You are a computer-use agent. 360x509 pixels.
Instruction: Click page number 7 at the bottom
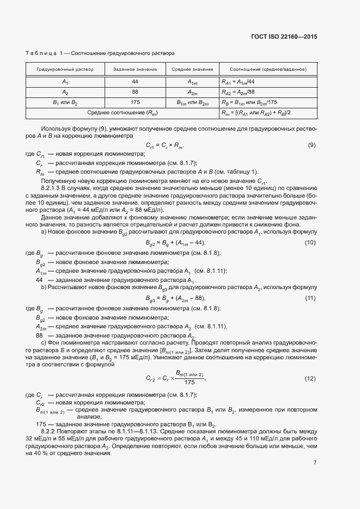coord(315,462)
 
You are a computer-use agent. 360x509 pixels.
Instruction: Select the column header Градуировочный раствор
coord(65,70)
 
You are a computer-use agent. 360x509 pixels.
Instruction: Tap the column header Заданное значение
coord(135,70)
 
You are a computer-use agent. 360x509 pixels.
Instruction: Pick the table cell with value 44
coord(135,81)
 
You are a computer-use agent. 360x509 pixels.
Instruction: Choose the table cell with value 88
coord(135,91)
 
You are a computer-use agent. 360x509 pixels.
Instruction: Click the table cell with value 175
coord(135,102)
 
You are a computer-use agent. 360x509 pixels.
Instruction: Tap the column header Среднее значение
coord(192,70)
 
